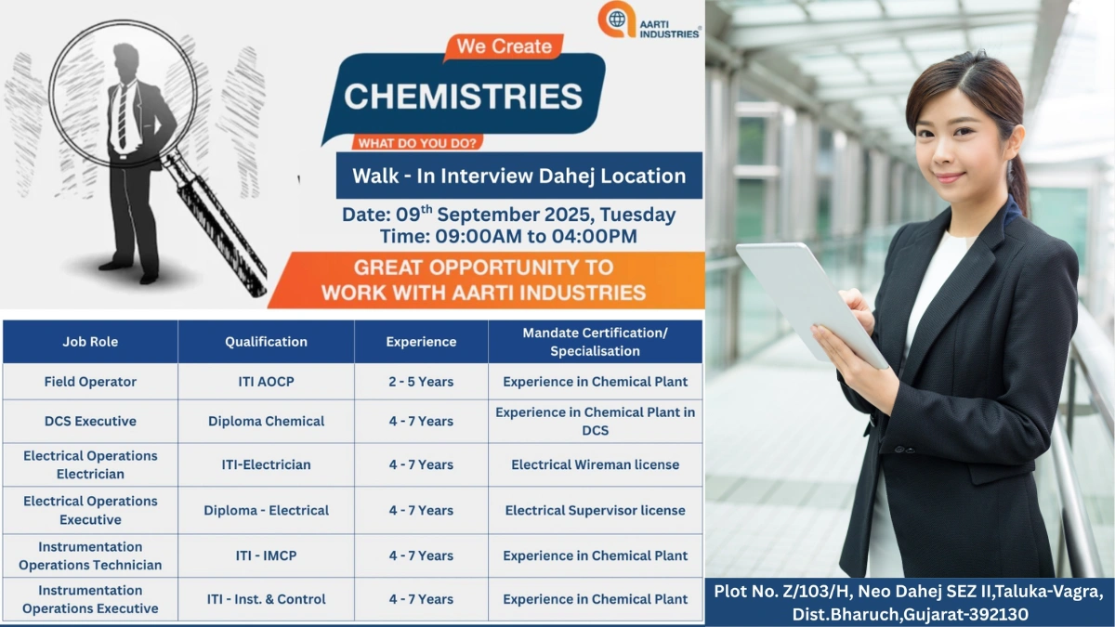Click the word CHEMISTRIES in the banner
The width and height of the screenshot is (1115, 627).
pyautogui.click(x=463, y=96)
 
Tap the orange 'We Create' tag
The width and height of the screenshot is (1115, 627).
pyautogui.click(x=504, y=46)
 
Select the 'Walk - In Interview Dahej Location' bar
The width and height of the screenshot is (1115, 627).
pyautogui.click(x=518, y=176)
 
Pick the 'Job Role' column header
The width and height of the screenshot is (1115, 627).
pyautogui.click(x=90, y=342)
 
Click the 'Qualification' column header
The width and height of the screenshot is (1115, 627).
pyautogui.click(x=266, y=342)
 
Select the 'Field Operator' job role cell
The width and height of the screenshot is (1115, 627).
pyautogui.click(x=90, y=382)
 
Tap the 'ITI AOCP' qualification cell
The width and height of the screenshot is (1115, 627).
pyautogui.click(x=266, y=382)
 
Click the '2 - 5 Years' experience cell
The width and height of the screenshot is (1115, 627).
pyautogui.click(x=421, y=382)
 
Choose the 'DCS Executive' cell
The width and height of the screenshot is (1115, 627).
pyautogui.click(x=90, y=421)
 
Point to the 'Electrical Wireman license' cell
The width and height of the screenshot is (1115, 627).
pyautogui.click(x=595, y=464)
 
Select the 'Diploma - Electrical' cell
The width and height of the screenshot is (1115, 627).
pyautogui.click(x=266, y=510)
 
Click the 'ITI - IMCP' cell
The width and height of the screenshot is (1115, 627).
pyautogui.click(x=266, y=555)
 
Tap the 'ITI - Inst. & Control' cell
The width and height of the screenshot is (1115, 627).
pyautogui.click(x=266, y=599)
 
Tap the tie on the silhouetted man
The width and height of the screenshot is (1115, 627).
pyautogui.click(x=122, y=116)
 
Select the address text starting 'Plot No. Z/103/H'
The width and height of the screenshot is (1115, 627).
pyautogui.click(x=909, y=602)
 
